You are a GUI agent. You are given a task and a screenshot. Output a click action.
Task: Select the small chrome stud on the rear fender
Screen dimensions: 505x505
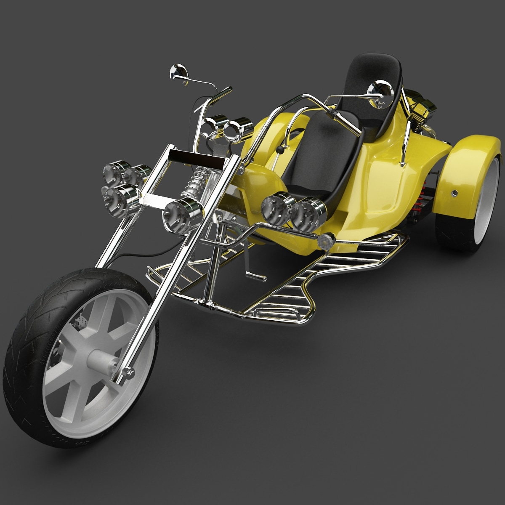point(454,193)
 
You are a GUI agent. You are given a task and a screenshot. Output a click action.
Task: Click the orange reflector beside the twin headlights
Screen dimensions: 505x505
point(326,241)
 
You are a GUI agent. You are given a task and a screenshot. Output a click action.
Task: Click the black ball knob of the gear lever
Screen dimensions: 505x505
point(279,149)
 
